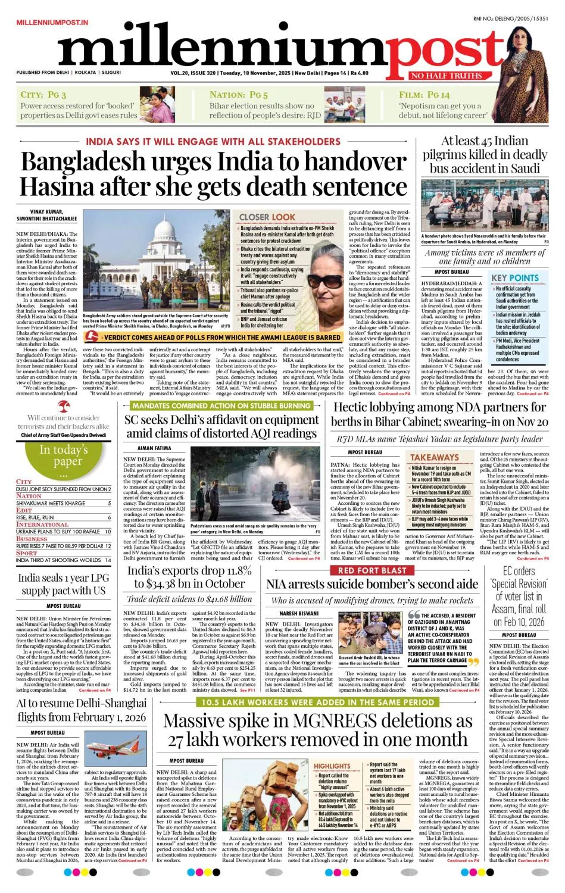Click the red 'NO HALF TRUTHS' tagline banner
(x=446, y=76)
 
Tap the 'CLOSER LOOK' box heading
(x=267, y=217)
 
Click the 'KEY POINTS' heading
(x=514, y=278)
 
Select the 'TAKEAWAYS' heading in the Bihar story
(x=435, y=457)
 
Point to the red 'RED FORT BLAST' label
(x=372, y=570)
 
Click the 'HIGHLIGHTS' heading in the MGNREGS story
(x=332, y=766)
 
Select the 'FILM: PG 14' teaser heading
(x=424, y=95)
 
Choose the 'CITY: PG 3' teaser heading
(x=43, y=95)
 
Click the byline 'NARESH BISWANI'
(x=299, y=613)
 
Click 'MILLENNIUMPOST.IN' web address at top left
(x=52, y=23)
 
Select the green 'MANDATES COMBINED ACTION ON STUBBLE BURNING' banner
(x=221, y=405)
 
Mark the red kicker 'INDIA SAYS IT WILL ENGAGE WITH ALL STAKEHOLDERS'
(x=213, y=142)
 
